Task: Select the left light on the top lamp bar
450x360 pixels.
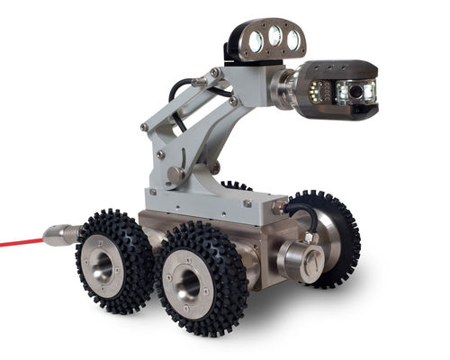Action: click(256, 40)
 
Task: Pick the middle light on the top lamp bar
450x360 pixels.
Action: click(274, 37)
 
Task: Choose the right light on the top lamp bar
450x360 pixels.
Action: click(292, 38)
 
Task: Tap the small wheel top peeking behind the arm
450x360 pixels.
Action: click(236, 186)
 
